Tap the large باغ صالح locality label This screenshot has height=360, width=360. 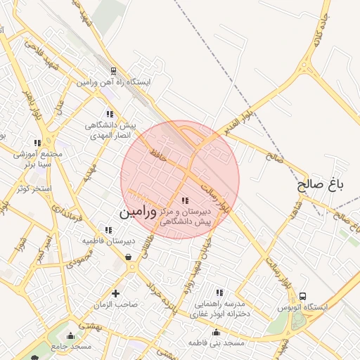321,185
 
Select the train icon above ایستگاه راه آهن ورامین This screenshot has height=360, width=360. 114,71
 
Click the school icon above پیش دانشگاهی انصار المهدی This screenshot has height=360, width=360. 109,113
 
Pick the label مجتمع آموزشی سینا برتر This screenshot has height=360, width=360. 38,159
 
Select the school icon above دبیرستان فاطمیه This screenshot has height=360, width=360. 108,229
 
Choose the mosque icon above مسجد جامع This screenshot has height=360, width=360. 70,335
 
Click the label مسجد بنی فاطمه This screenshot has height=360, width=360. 215,343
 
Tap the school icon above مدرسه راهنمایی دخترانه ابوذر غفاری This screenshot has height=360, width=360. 220,292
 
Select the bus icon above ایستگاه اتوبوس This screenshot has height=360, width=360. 303,296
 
